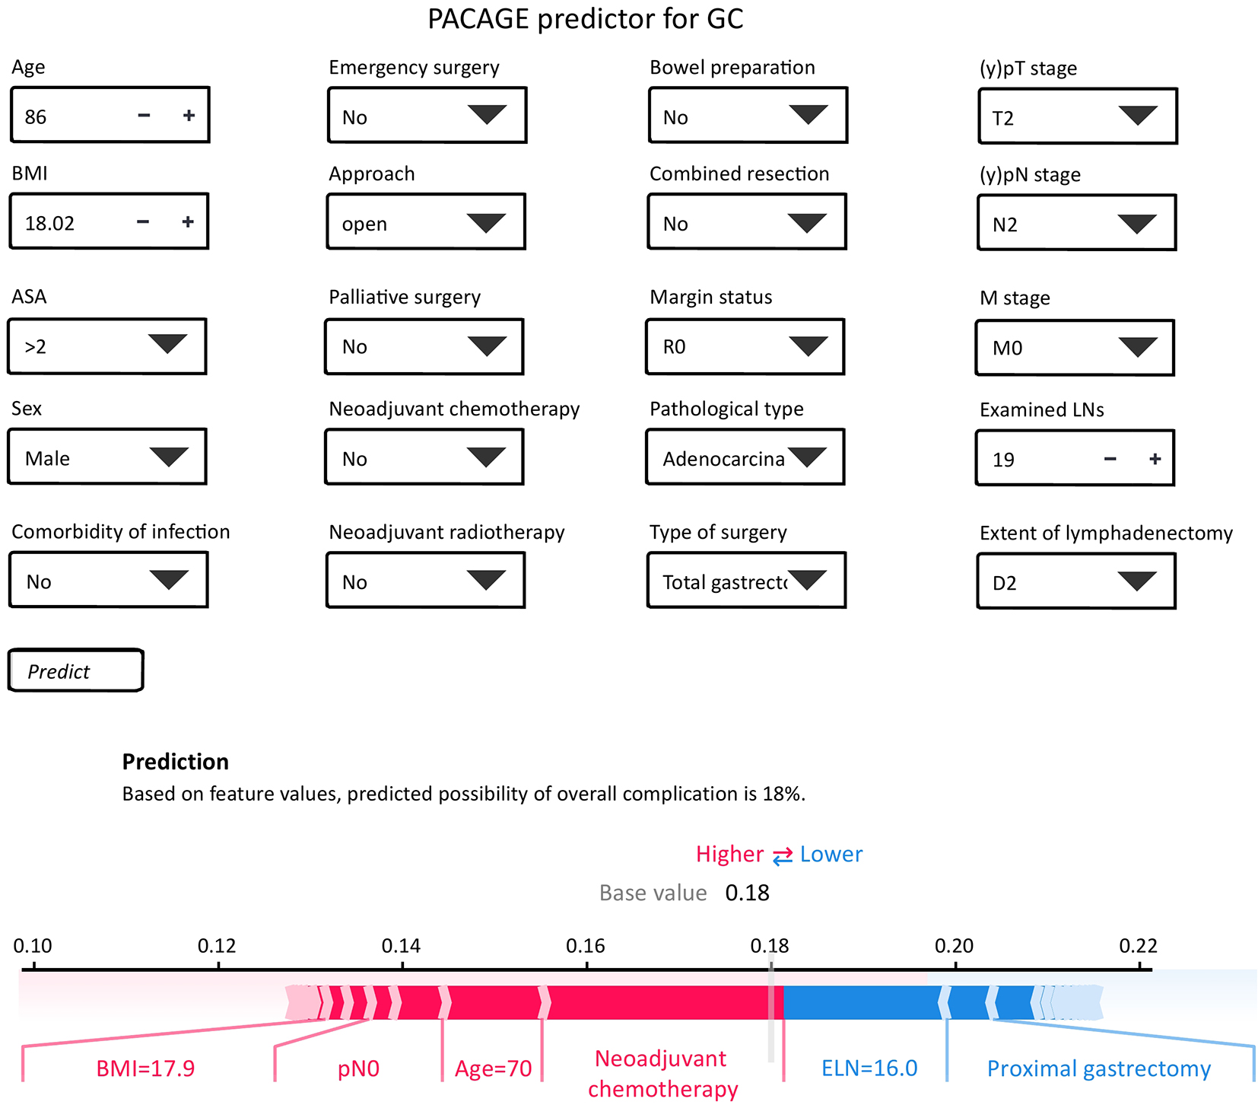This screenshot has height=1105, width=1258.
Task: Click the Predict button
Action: click(x=75, y=670)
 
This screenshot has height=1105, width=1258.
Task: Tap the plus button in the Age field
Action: click(x=189, y=115)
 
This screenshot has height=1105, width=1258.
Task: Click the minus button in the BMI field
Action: click(x=143, y=221)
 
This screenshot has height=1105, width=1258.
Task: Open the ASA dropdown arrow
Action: click(x=168, y=343)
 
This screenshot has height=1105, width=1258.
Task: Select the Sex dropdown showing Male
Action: click(x=107, y=457)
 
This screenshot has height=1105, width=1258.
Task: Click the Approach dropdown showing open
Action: click(x=426, y=221)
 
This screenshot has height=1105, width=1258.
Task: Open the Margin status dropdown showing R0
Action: click(x=745, y=347)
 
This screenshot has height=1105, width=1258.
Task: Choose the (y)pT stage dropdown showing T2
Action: click(x=1078, y=116)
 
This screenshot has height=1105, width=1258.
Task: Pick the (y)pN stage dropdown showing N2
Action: click(x=1077, y=223)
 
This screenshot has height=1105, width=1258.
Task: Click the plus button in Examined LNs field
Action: click(x=1155, y=458)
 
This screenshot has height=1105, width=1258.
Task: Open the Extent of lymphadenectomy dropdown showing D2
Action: click(x=1076, y=581)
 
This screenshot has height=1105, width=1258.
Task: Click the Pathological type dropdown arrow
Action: click(x=808, y=456)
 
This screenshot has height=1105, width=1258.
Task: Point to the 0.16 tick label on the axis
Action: click(x=586, y=946)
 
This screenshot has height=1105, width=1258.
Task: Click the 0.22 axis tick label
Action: click(x=1139, y=946)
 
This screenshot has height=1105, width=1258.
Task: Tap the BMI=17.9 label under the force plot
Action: click(x=145, y=1068)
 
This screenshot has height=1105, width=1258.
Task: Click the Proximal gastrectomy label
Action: click(x=1099, y=1069)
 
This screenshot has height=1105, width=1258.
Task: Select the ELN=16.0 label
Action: click(x=869, y=1068)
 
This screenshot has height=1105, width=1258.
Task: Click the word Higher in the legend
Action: click(x=729, y=855)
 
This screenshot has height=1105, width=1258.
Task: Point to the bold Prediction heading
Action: click(x=176, y=762)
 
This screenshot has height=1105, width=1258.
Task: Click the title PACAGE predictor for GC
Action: click(x=586, y=19)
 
